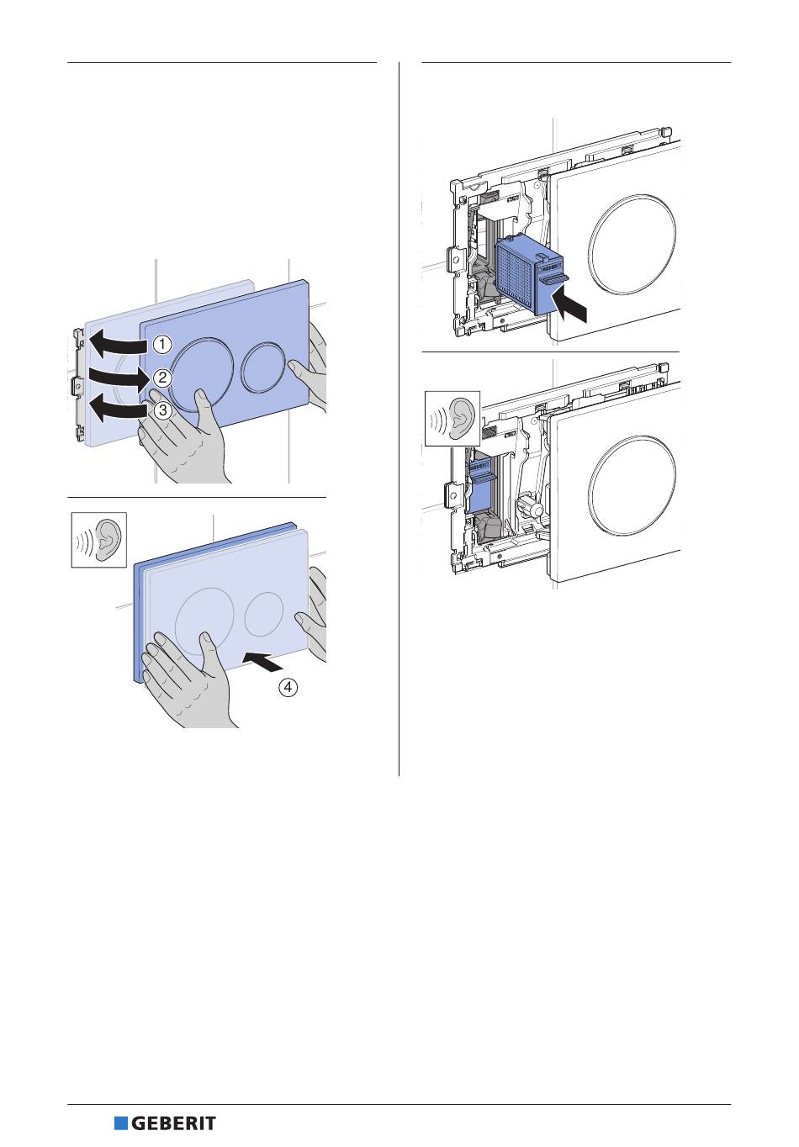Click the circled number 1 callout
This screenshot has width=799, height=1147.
[x=162, y=344]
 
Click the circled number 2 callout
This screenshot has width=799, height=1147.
[x=162, y=378]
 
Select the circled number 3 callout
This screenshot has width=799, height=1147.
[x=162, y=410]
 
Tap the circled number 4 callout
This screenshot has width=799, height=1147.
[x=288, y=687]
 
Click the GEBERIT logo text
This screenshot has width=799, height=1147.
[x=173, y=1124]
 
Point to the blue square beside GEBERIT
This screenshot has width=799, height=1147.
[x=121, y=1124]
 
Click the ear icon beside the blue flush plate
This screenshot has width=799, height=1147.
[x=99, y=540]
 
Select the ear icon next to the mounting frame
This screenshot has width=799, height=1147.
[x=452, y=418]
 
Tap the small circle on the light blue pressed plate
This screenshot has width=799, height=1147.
[x=264, y=614]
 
